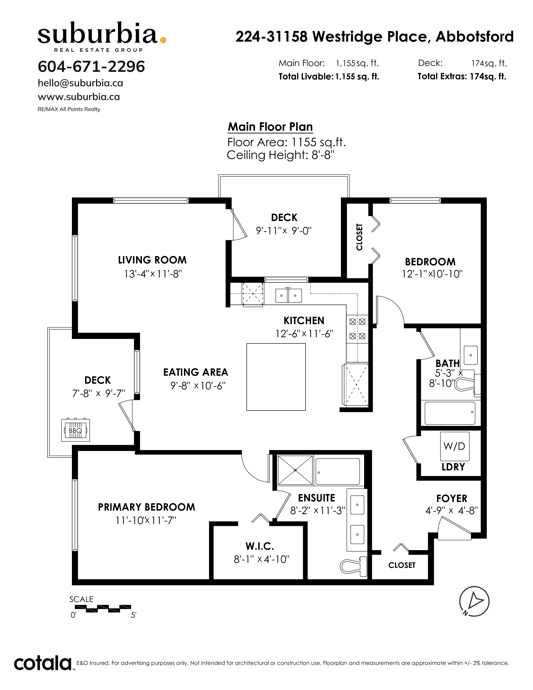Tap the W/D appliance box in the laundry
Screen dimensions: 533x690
(455, 446)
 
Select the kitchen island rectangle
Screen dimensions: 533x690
(276, 377)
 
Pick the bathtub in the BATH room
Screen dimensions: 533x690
(450, 413)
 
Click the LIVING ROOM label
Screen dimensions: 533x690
(152, 260)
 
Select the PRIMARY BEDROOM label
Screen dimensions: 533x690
(147, 507)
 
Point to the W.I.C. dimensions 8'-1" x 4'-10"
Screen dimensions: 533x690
(261, 560)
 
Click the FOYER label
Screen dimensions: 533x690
(451, 498)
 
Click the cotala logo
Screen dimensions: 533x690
(43, 663)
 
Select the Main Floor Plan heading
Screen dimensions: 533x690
(270, 127)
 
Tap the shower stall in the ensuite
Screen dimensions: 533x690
(295, 470)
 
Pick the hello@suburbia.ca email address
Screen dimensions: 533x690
(80, 83)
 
